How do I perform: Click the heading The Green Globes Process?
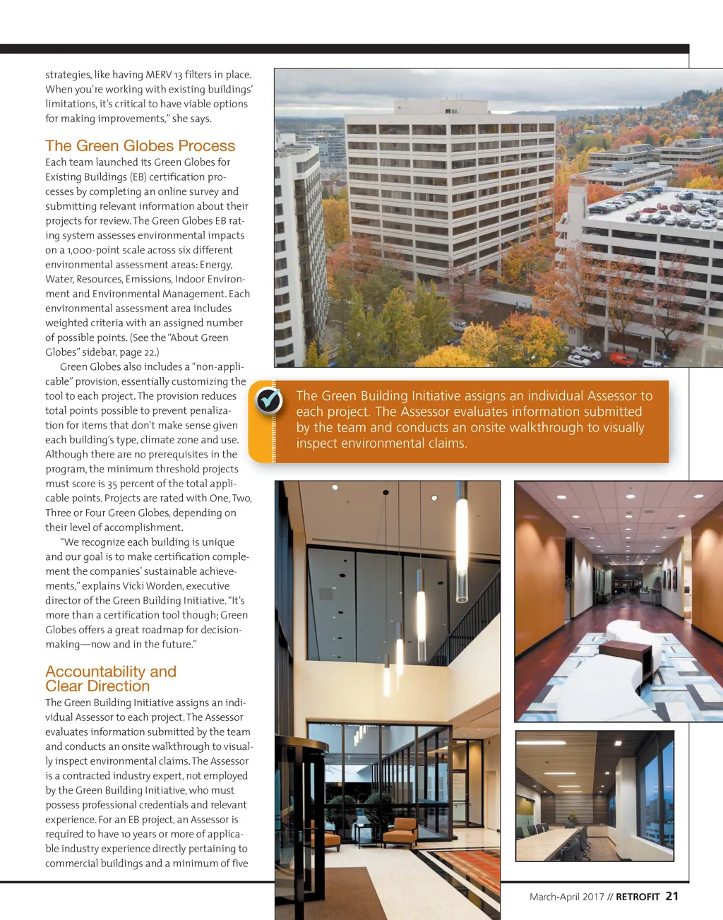coord(140,146)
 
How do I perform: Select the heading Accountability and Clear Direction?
coord(110,679)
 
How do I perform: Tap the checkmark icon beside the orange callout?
coord(268,400)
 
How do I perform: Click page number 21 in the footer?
coord(671,896)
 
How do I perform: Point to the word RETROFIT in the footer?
coord(638,897)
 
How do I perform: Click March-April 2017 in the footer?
coord(567,897)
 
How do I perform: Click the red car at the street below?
coord(622,358)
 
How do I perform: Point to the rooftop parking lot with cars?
coord(657,208)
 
